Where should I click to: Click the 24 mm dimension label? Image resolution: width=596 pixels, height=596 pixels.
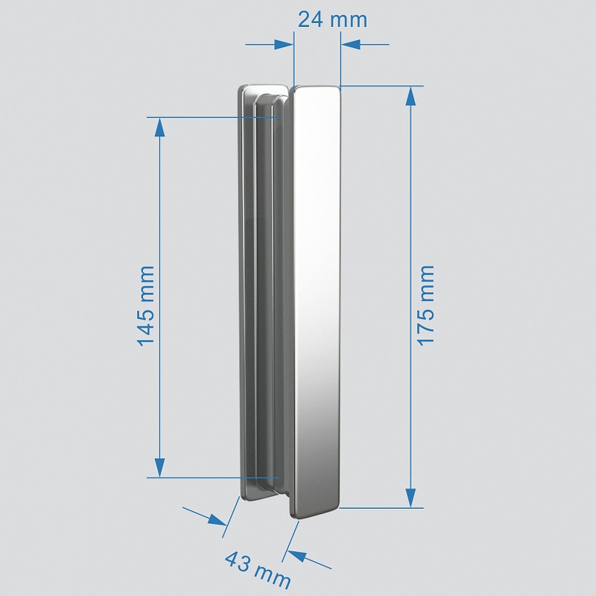pyautogui.click(x=332, y=19)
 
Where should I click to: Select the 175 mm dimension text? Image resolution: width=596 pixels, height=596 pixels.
pyautogui.click(x=425, y=305)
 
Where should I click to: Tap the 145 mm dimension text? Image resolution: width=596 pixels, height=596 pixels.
pyautogui.click(x=146, y=305)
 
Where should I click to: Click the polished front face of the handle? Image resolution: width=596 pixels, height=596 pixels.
pyautogui.click(x=317, y=298)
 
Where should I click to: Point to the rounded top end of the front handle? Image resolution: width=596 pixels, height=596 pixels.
pyautogui.click(x=317, y=91)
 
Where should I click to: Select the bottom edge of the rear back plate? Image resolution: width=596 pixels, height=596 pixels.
pyautogui.click(x=257, y=498)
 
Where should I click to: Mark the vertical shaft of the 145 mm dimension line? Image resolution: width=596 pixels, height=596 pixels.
pyautogui.click(x=159, y=223)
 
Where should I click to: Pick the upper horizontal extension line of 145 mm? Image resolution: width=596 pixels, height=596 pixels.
pyautogui.click(x=209, y=117)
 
